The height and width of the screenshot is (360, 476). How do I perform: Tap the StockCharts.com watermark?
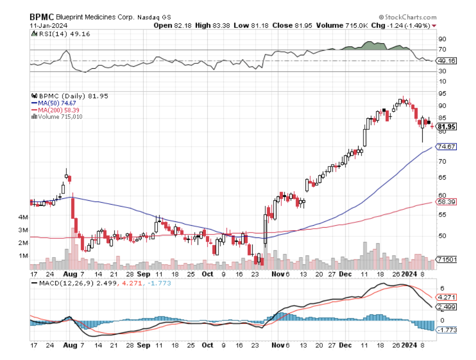click(408, 17)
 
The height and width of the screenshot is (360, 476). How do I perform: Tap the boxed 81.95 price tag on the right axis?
click(446, 126)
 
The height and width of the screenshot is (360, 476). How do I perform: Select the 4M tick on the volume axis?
click(35, 217)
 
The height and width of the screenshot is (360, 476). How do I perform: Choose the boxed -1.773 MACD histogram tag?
click(446, 330)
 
